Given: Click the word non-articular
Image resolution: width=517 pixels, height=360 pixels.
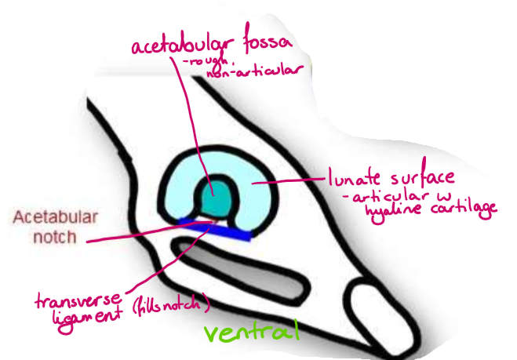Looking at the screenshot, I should pyautogui.click(x=254, y=74).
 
